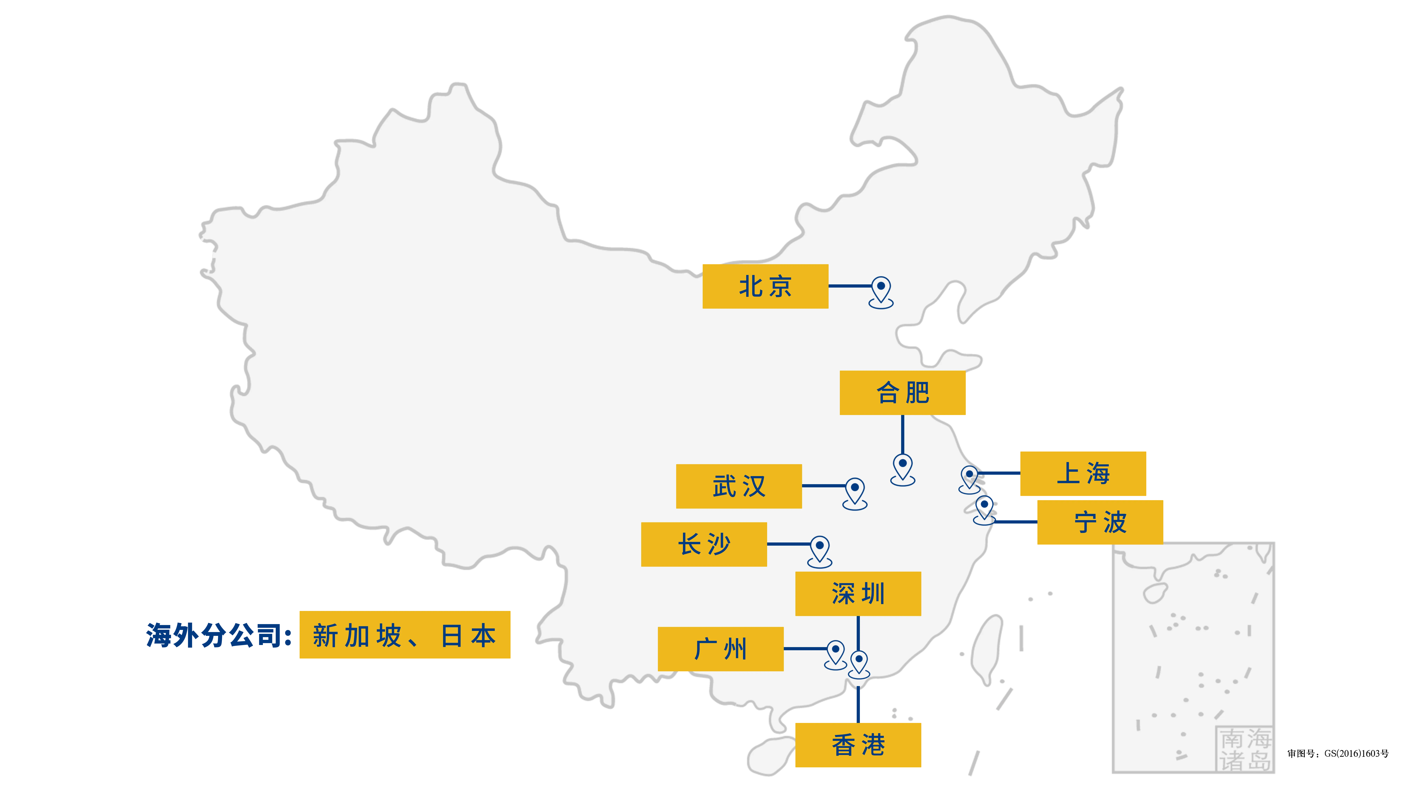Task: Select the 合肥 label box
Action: (x=903, y=393)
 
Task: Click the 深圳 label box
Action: (x=858, y=594)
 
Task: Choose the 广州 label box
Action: (x=720, y=649)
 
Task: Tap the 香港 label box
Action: (x=858, y=745)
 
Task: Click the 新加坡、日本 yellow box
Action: (x=405, y=635)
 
